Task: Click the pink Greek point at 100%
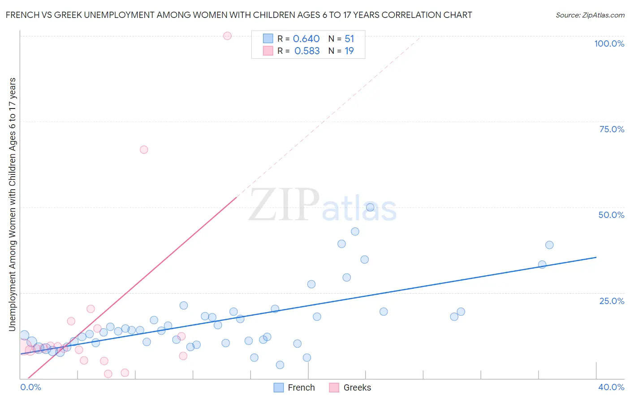point(227,36)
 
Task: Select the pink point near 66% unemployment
point(144,150)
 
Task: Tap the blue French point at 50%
point(370,207)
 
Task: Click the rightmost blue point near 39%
point(549,245)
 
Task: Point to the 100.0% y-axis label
point(609,43)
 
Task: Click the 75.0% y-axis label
point(612,129)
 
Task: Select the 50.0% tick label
point(611,215)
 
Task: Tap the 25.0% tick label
point(612,301)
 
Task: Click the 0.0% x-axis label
point(30,387)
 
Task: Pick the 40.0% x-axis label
point(611,387)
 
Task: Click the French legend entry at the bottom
point(294,387)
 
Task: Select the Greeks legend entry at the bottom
point(350,387)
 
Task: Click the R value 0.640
point(306,39)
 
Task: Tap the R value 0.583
point(307,51)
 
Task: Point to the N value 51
point(349,39)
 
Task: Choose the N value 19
point(349,51)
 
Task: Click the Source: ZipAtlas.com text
point(590,15)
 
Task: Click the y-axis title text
point(13,204)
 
